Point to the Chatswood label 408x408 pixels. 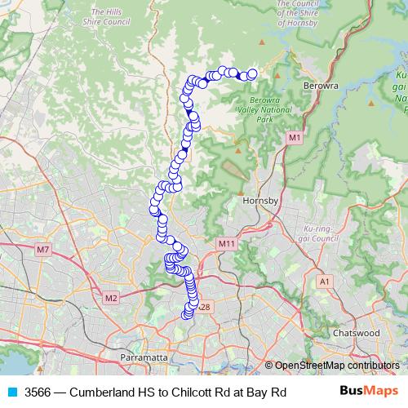(x=357, y=333)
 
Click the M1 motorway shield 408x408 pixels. (x=294, y=140)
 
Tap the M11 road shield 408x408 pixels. (x=226, y=244)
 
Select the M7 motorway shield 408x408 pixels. (x=42, y=249)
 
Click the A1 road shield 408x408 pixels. (x=326, y=282)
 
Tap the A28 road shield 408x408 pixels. (x=204, y=308)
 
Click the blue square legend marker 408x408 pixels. (x=12, y=392)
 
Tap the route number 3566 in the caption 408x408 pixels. (x=38, y=392)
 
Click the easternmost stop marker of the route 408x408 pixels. (x=252, y=74)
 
